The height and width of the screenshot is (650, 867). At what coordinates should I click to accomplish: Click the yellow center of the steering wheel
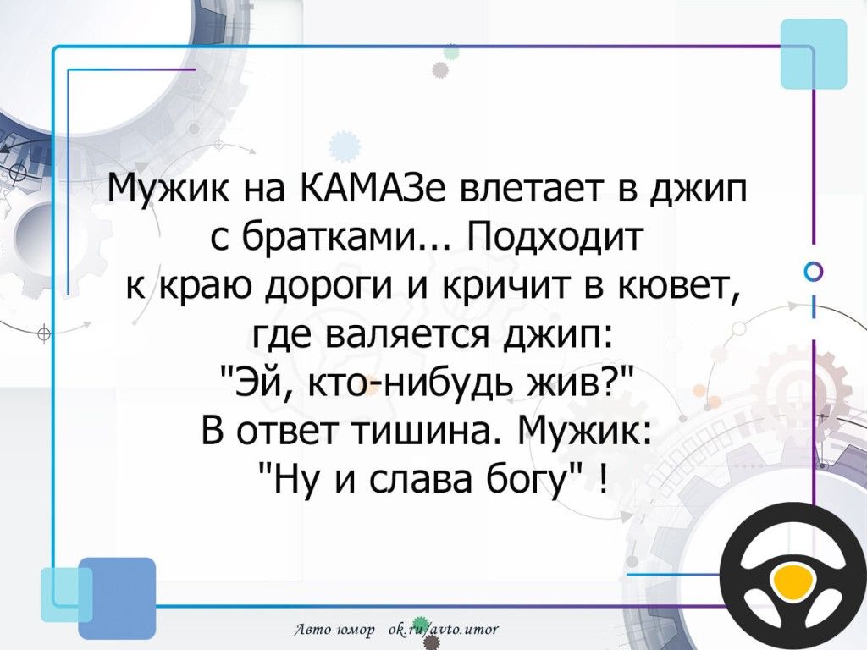(x=792, y=582)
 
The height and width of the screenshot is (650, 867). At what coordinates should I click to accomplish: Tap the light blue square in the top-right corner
(x=814, y=53)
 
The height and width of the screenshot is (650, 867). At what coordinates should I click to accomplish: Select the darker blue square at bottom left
(x=117, y=598)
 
